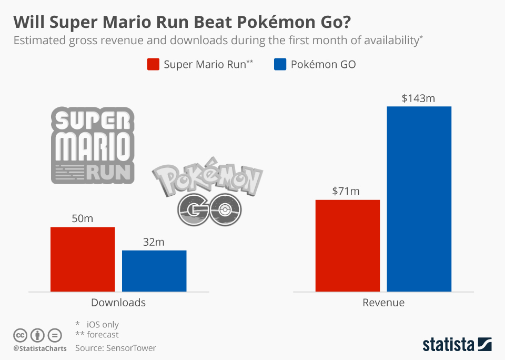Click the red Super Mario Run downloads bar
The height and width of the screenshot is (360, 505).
[x=83, y=259]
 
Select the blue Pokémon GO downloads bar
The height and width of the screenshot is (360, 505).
[x=154, y=271]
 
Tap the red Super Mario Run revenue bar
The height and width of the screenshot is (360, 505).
[x=348, y=245]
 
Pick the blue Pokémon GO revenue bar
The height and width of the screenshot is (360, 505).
[x=419, y=199]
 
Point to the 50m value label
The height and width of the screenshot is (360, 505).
[x=82, y=218]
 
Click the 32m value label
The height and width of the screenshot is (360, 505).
[x=154, y=242]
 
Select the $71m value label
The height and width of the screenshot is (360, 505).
[x=346, y=191]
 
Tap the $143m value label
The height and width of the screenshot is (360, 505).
[x=419, y=98]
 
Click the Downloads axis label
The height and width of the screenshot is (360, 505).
[x=118, y=303]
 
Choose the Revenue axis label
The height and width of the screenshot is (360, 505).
[x=383, y=303]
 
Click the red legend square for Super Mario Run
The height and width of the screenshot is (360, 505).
[x=153, y=65]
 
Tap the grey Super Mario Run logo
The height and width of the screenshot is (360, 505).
[x=92, y=145]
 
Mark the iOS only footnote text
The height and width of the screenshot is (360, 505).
[x=103, y=324]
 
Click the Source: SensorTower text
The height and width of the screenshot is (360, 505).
[x=116, y=348]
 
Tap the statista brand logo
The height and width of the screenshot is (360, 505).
[x=457, y=345]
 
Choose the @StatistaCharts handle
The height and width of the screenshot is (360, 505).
[x=40, y=348]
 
